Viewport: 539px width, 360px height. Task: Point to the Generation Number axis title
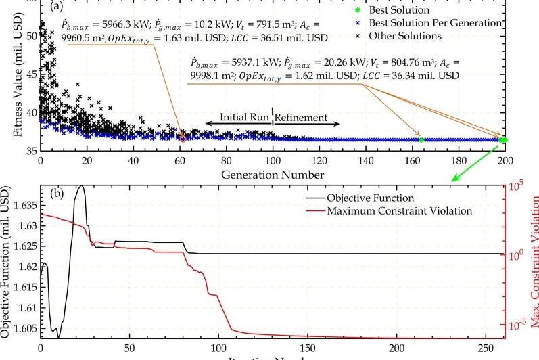[x=272, y=174]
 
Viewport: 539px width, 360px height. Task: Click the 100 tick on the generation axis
[x=272, y=161]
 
